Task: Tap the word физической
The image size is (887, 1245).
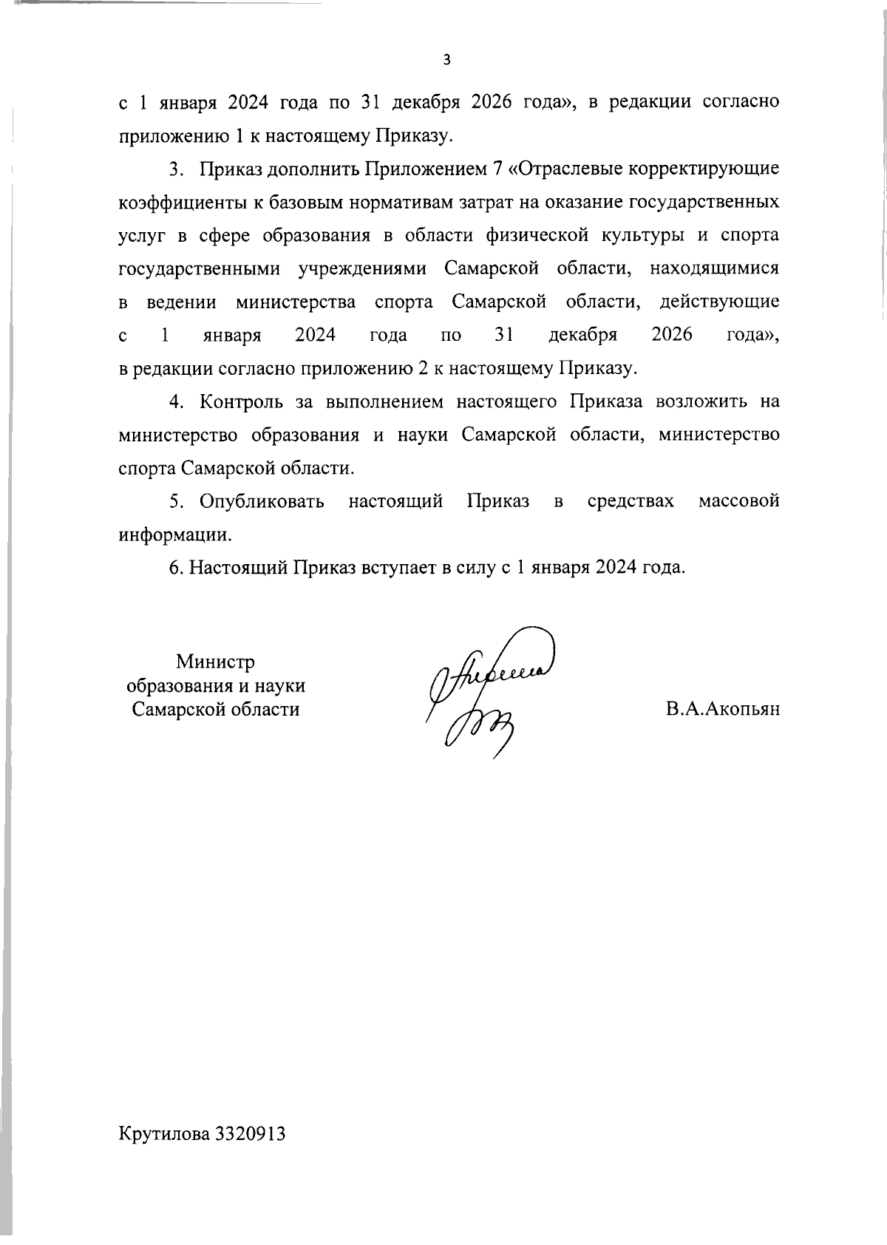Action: pos(537,236)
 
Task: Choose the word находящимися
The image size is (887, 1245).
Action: pos(714,269)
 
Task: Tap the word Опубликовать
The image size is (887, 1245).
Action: pos(262,502)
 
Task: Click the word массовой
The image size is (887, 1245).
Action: pos(738,502)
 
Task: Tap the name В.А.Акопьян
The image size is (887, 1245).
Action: pos(722,710)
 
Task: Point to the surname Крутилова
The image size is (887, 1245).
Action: pos(164,1155)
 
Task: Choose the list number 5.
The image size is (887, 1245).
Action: pos(176,502)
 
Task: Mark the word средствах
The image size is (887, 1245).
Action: pos(631,502)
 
